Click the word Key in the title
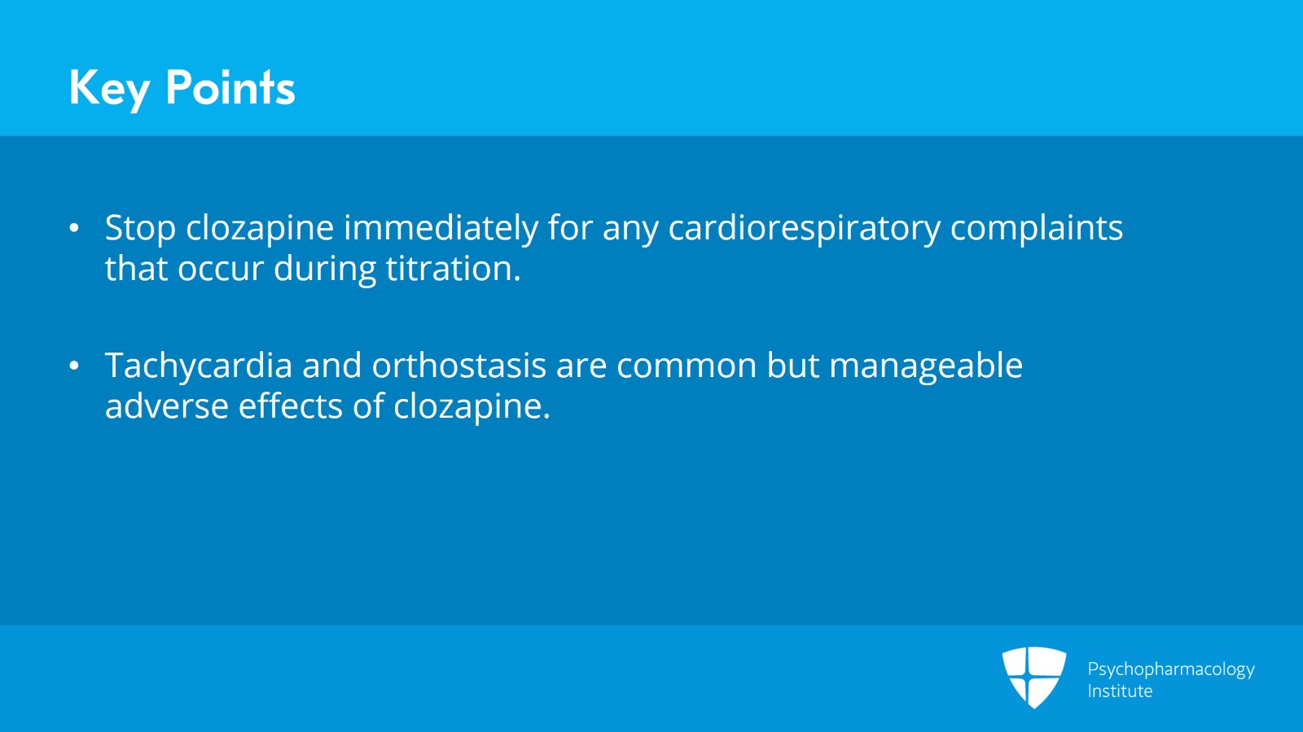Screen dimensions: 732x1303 tap(109, 88)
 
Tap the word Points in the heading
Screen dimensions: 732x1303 tap(230, 88)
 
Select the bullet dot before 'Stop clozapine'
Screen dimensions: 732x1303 tap(74, 228)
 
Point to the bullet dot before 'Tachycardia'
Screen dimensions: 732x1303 tap(74, 366)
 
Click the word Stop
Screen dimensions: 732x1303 tap(140, 228)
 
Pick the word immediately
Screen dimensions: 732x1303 tap(441, 228)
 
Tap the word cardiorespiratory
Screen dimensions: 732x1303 tap(804, 228)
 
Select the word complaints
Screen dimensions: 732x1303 tap(1036, 228)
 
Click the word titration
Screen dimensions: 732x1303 tap(453, 269)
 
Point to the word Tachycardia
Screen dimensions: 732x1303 tap(198, 366)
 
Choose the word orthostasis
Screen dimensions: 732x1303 tap(458, 366)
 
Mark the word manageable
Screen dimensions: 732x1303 tap(925, 366)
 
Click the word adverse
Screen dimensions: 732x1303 tap(166, 406)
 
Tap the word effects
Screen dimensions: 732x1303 tap(290, 406)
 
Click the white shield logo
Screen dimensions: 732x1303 tap(1033, 677)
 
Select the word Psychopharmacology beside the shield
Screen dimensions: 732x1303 tap(1170, 669)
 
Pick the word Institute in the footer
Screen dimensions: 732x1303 tap(1120, 691)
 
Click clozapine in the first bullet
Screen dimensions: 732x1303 tap(260, 228)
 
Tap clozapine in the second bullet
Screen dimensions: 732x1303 tap(472, 406)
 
